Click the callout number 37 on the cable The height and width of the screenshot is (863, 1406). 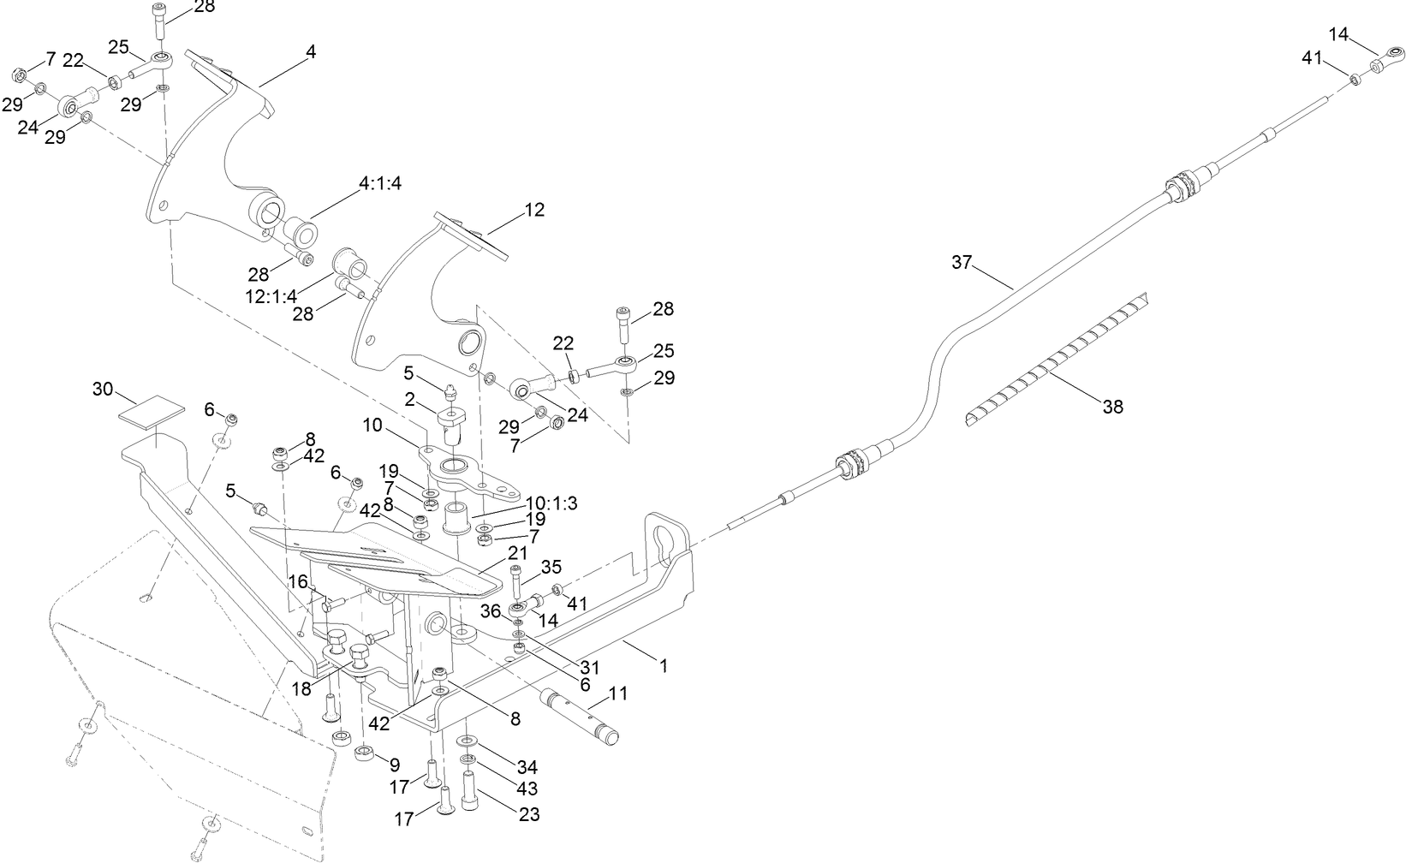pyautogui.click(x=962, y=262)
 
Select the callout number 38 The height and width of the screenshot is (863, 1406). pyautogui.click(x=1112, y=408)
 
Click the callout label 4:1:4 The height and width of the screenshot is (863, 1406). pyautogui.click(x=380, y=183)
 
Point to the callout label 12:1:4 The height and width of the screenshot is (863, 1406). pyautogui.click(x=271, y=295)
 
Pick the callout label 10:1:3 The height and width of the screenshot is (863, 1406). pyautogui.click(x=551, y=503)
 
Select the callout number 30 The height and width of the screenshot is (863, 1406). pyautogui.click(x=103, y=389)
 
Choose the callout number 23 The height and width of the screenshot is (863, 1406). pyautogui.click(x=530, y=814)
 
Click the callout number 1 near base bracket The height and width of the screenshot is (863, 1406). pyautogui.click(x=662, y=664)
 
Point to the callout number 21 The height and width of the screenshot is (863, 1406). pyautogui.click(x=518, y=553)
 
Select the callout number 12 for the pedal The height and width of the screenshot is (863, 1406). pyautogui.click(x=533, y=209)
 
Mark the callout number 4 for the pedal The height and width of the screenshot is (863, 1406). pyautogui.click(x=311, y=51)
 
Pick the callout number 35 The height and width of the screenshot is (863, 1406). pyautogui.click(x=551, y=567)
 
